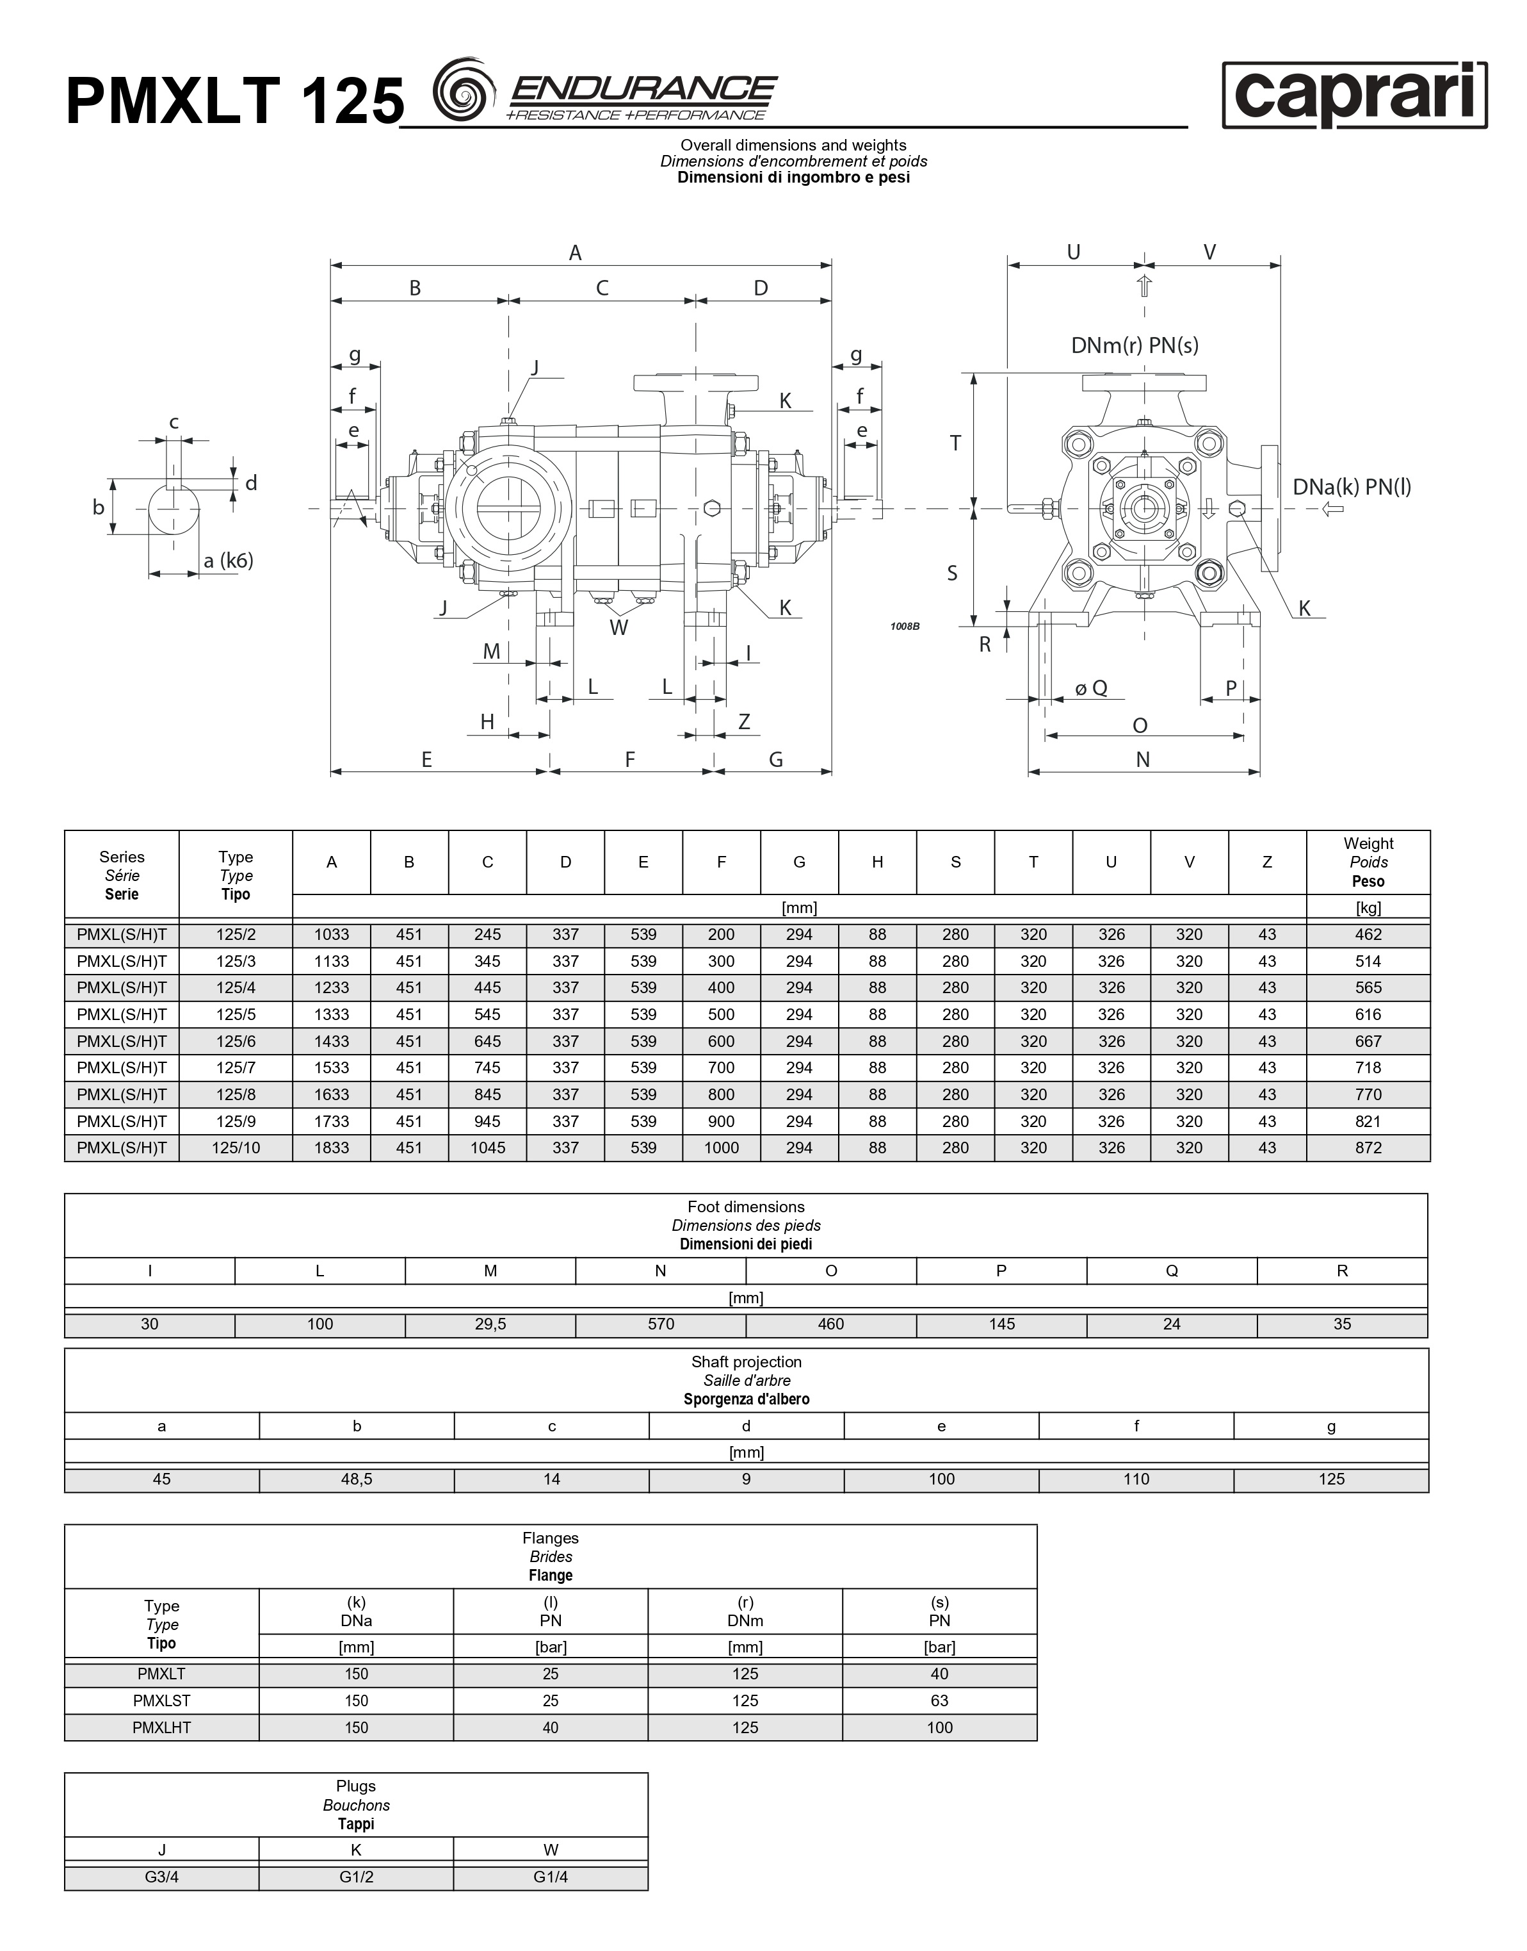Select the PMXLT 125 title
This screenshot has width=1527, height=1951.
tap(235, 100)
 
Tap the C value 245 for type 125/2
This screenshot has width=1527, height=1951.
tap(487, 935)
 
